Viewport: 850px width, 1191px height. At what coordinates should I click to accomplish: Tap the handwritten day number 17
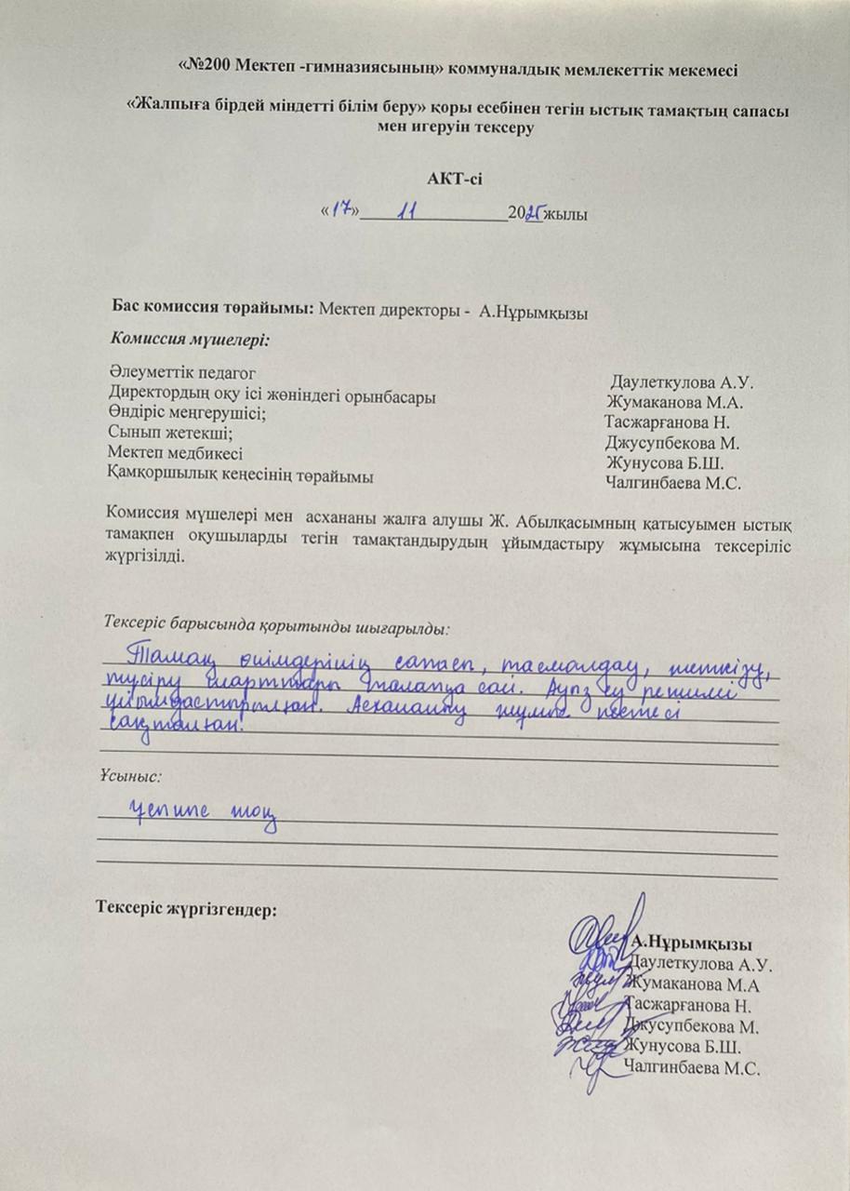(x=342, y=212)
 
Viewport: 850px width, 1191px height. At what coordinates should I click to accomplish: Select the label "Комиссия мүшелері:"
(x=190, y=339)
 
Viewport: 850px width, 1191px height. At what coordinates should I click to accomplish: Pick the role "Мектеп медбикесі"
(x=175, y=454)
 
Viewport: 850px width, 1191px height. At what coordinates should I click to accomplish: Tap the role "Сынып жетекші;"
(x=168, y=434)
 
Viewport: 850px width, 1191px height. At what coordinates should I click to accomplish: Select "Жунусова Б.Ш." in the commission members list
(x=664, y=463)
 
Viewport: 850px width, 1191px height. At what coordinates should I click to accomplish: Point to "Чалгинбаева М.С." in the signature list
(x=693, y=1068)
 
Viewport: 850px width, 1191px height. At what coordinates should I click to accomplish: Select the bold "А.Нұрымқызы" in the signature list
(x=692, y=943)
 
